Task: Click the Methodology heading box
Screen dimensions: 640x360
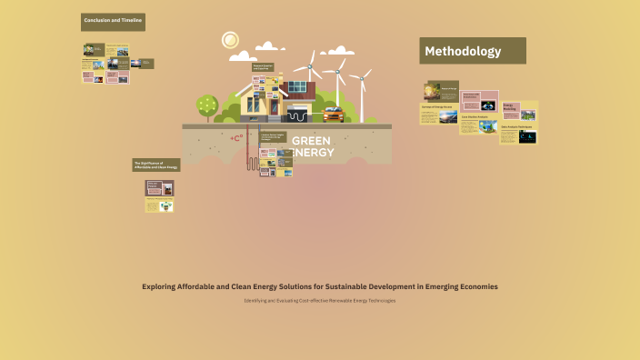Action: [x=472, y=51]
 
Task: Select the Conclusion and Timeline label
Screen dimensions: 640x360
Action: [x=113, y=20]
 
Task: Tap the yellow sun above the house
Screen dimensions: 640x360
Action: [x=230, y=40]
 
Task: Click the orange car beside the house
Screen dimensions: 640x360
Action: [x=333, y=115]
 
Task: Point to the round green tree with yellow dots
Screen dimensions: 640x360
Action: [x=207, y=105]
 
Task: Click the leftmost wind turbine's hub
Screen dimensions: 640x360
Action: [x=310, y=65]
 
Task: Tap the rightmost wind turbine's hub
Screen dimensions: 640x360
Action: [x=361, y=77]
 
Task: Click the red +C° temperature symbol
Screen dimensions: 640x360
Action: [x=236, y=138]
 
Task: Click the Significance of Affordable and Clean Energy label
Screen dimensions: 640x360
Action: [x=156, y=165]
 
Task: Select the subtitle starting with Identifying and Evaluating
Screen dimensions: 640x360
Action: [x=319, y=301]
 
